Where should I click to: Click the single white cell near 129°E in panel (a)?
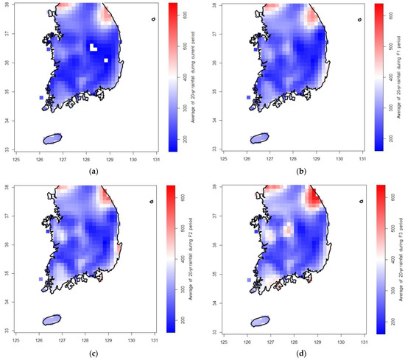(106, 60)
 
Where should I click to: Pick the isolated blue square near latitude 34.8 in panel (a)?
(41, 97)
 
